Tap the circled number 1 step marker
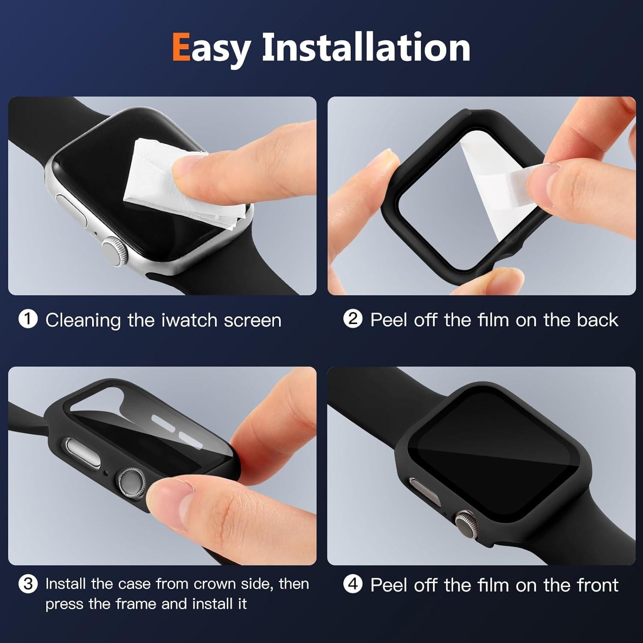[28, 320]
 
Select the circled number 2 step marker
[353, 319]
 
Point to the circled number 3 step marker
[28, 584]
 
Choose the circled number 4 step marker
[353, 584]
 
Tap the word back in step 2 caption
[597, 320]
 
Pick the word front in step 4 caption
[597, 585]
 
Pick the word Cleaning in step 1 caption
[83, 321]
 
